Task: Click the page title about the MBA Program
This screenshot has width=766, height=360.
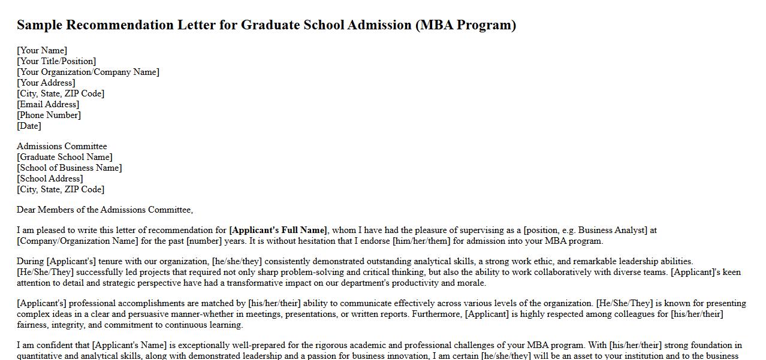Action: (x=266, y=25)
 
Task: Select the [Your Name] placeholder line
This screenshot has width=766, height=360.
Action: (x=42, y=50)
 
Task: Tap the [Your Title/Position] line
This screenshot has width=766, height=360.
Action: (x=56, y=61)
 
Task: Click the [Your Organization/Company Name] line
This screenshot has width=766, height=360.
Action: (x=88, y=72)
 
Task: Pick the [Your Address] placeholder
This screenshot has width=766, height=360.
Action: (x=46, y=83)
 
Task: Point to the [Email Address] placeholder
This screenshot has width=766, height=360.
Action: (x=48, y=104)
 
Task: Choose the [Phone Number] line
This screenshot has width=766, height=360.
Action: (x=49, y=115)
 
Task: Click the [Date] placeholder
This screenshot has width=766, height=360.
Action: (x=29, y=126)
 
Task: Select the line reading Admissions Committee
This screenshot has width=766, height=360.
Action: (x=62, y=146)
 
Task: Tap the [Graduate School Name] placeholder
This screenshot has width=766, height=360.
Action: (x=65, y=157)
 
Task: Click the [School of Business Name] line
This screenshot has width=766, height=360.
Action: (x=70, y=168)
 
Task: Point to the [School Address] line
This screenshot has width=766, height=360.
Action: (x=50, y=179)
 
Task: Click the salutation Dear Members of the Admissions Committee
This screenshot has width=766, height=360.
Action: (x=105, y=210)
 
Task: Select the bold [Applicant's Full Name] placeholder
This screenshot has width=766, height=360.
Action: (x=279, y=230)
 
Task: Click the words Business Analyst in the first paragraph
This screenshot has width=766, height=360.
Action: (x=611, y=230)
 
